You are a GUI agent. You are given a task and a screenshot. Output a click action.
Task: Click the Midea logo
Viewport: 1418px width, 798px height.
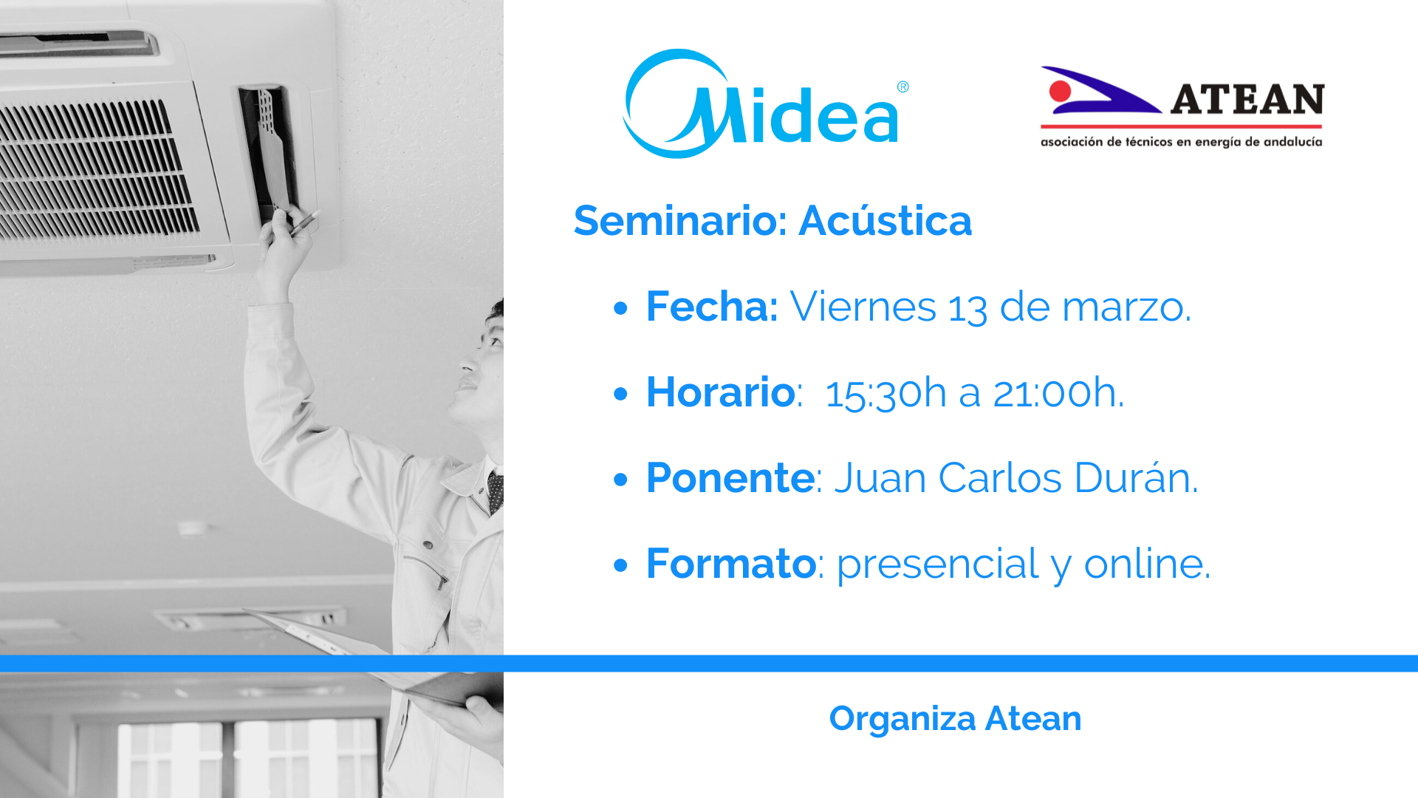click(x=765, y=104)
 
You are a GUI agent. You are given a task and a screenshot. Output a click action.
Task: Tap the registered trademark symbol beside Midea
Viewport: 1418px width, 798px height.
click(x=902, y=87)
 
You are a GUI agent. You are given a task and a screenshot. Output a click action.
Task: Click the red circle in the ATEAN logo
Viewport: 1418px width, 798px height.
click(x=1060, y=92)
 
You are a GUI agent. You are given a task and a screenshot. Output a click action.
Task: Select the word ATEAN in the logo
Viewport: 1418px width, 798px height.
click(x=1247, y=100)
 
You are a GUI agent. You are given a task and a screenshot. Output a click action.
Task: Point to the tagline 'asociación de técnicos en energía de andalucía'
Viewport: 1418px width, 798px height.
click(x=1181, y=142)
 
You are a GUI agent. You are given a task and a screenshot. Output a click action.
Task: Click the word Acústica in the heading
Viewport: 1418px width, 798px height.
click(x=886, y=220)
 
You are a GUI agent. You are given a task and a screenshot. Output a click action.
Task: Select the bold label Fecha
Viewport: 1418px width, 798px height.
click(x=712, y=306)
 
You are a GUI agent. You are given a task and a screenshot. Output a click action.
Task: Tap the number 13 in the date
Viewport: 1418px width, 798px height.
click(x=967, y=307)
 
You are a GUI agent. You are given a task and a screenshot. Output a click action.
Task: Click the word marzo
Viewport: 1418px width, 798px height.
click(x=1126, y=307)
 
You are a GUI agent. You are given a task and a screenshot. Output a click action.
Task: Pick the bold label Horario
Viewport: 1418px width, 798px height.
click(x=721, y=392)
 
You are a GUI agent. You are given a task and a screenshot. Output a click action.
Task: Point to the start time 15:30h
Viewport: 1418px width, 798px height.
click(x=886, y=393)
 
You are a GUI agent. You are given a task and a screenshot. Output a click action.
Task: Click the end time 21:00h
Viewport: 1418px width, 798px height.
click(x=1058, y=392)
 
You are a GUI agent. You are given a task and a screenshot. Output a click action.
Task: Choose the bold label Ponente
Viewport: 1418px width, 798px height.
click(x=730, y=478)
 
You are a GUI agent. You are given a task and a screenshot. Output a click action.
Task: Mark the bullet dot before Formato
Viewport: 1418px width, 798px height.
click(x=620, y=565)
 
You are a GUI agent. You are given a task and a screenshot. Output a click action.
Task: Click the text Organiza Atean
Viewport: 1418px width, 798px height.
click(x=955, y=719)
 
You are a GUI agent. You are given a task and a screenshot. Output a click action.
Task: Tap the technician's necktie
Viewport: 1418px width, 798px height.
click(x=496, y=492)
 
